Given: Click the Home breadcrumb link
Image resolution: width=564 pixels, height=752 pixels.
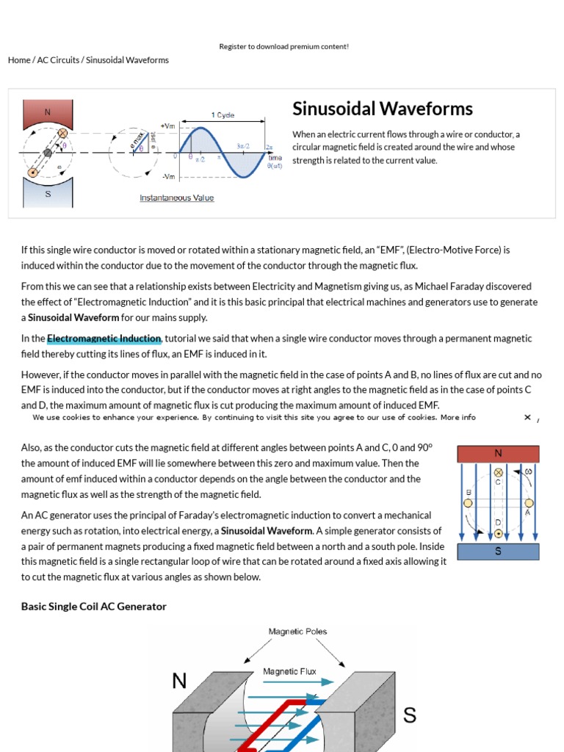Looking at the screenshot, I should pos(19,60).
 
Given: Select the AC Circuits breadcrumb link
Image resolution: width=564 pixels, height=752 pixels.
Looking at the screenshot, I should pos(58,60).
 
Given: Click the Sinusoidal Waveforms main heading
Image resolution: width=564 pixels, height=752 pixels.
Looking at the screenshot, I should pos(382,109).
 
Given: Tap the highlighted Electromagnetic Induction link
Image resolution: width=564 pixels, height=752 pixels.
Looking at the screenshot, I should pos(104,339).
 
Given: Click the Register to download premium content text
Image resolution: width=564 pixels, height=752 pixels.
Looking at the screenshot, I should pos(283,46).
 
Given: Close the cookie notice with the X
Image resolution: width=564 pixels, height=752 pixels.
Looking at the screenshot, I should pos(527,417).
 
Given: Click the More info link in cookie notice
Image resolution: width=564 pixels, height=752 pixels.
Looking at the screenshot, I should pos(458,417).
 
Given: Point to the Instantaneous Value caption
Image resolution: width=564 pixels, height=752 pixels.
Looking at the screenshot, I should pos(177,198).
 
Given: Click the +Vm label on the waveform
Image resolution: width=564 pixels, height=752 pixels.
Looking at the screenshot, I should pos(167,126).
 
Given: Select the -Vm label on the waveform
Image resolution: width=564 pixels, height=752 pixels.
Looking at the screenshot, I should pos(168,177).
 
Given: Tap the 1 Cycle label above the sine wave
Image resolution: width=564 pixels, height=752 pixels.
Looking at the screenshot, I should pos(223,115).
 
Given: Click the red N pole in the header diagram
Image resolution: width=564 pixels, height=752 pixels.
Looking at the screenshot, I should pos(48,113).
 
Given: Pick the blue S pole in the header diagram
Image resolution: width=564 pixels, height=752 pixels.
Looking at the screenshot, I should pos(48,194).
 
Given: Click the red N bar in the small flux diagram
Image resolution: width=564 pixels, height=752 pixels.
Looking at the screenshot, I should pos(498,454).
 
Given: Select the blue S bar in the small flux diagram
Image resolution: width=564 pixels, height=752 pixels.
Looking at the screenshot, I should pos(498,552).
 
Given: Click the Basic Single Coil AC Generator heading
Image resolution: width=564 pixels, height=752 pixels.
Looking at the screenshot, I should pos(94,607).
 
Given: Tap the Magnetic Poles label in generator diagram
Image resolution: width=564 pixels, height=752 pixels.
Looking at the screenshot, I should pos(297,632).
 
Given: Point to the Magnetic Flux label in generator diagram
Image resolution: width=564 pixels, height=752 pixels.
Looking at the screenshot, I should pos(290,671).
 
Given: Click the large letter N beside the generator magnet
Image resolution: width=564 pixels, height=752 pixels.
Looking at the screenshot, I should pos(179,681).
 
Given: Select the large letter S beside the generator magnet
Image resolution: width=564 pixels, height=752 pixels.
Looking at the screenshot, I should pos(410,714).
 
